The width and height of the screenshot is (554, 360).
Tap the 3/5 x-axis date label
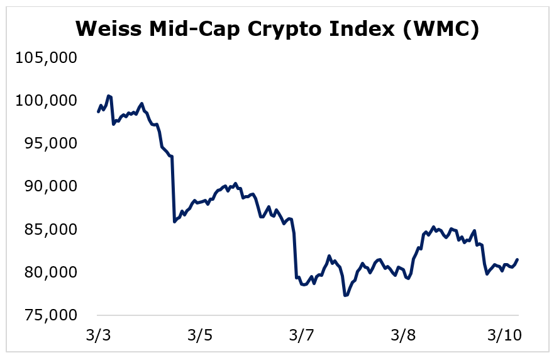[x=199, y=335]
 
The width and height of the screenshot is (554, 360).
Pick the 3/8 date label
[x=403, y=335]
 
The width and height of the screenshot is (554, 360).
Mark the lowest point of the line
[x=345, y=295]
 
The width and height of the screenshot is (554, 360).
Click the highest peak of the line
[x=108, y=96]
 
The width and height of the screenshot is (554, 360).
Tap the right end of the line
[x=518, y=259]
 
